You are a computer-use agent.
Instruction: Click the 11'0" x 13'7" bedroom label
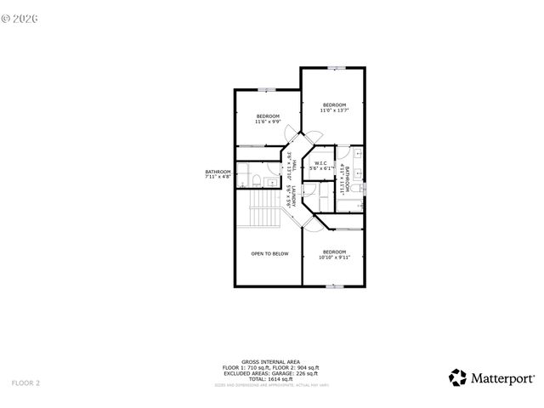click(334, 107)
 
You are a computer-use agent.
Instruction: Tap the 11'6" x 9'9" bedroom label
click(268, 118)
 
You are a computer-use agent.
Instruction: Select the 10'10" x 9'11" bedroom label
click(334, 254)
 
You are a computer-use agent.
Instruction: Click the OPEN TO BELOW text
click(269, 253)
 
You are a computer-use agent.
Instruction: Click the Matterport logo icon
click(457, 377)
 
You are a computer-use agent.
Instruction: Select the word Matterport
click(503, 377)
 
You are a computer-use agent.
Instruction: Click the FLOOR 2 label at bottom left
click(25, 383)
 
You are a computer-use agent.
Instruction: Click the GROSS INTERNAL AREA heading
click(271, 361)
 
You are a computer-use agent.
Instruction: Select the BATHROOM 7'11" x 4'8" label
click(218, 173)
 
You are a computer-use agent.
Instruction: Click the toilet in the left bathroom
click(255, 178)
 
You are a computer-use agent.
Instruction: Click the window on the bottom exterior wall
click(337, 287)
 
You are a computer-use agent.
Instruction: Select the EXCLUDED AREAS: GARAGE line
click(271, 371)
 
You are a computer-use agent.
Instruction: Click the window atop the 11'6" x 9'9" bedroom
click(268, 88)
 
